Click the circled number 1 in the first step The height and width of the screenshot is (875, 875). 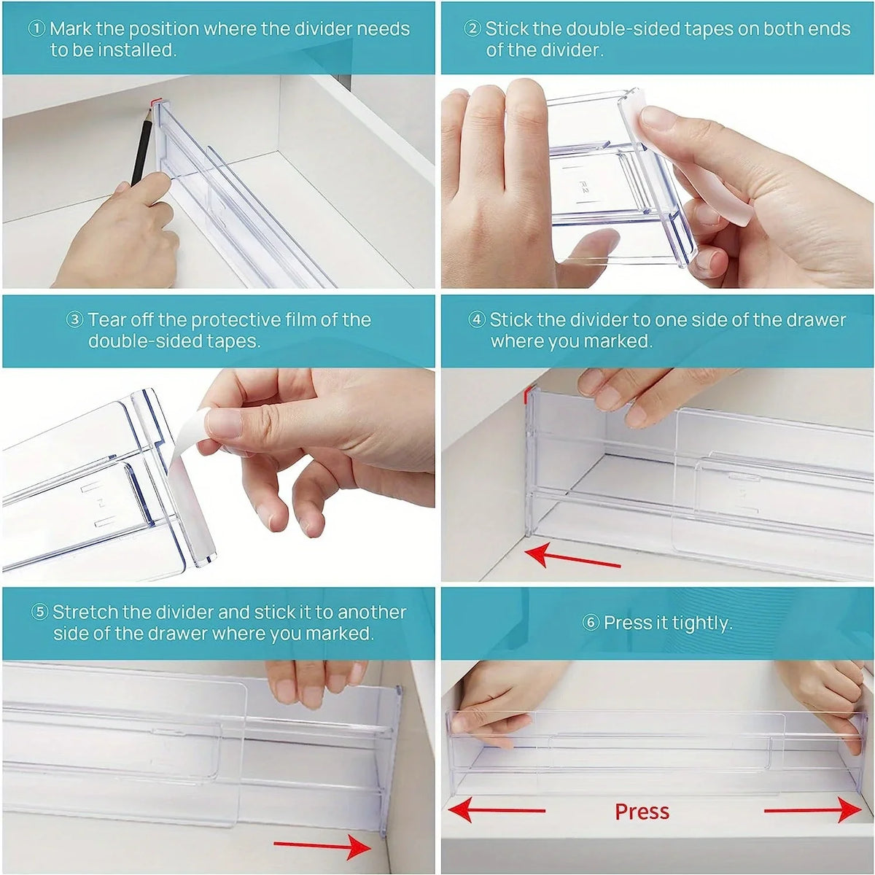tap(36, 29)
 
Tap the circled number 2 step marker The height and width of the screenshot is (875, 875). tap(472, 29)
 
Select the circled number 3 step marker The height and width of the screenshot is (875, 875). tap(75, 320)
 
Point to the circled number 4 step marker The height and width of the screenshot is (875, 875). tap(477, 320)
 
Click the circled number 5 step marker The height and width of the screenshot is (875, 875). tap(40, 612)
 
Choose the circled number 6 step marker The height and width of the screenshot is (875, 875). tap(591, 623)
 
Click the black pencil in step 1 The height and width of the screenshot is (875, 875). tap(141, 147)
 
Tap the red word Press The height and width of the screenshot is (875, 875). tap(642, 812)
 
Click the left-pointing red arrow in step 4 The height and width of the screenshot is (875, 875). tap(572, 559)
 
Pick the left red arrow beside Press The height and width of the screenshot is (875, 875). tap(497, 811)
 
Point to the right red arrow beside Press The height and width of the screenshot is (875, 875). tap(813, 811)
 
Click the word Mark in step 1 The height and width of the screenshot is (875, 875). tap(71, 29)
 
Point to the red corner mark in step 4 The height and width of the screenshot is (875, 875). tap(526, 394)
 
